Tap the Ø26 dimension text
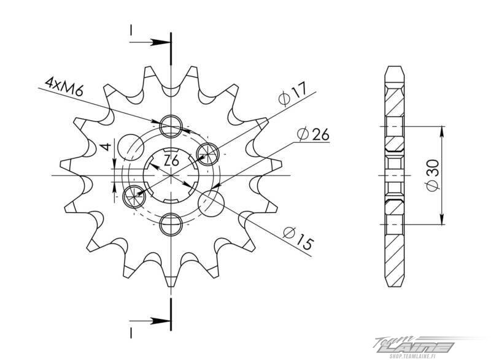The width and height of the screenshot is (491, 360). pos(313,134)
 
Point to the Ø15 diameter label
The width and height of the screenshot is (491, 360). pos(298,239)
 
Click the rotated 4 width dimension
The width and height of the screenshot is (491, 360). pos(107,147)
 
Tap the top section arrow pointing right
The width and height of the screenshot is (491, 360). pos(149,42)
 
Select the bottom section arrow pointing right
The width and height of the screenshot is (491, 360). pos(149,321)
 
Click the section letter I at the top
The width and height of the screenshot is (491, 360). pos(131,30)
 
